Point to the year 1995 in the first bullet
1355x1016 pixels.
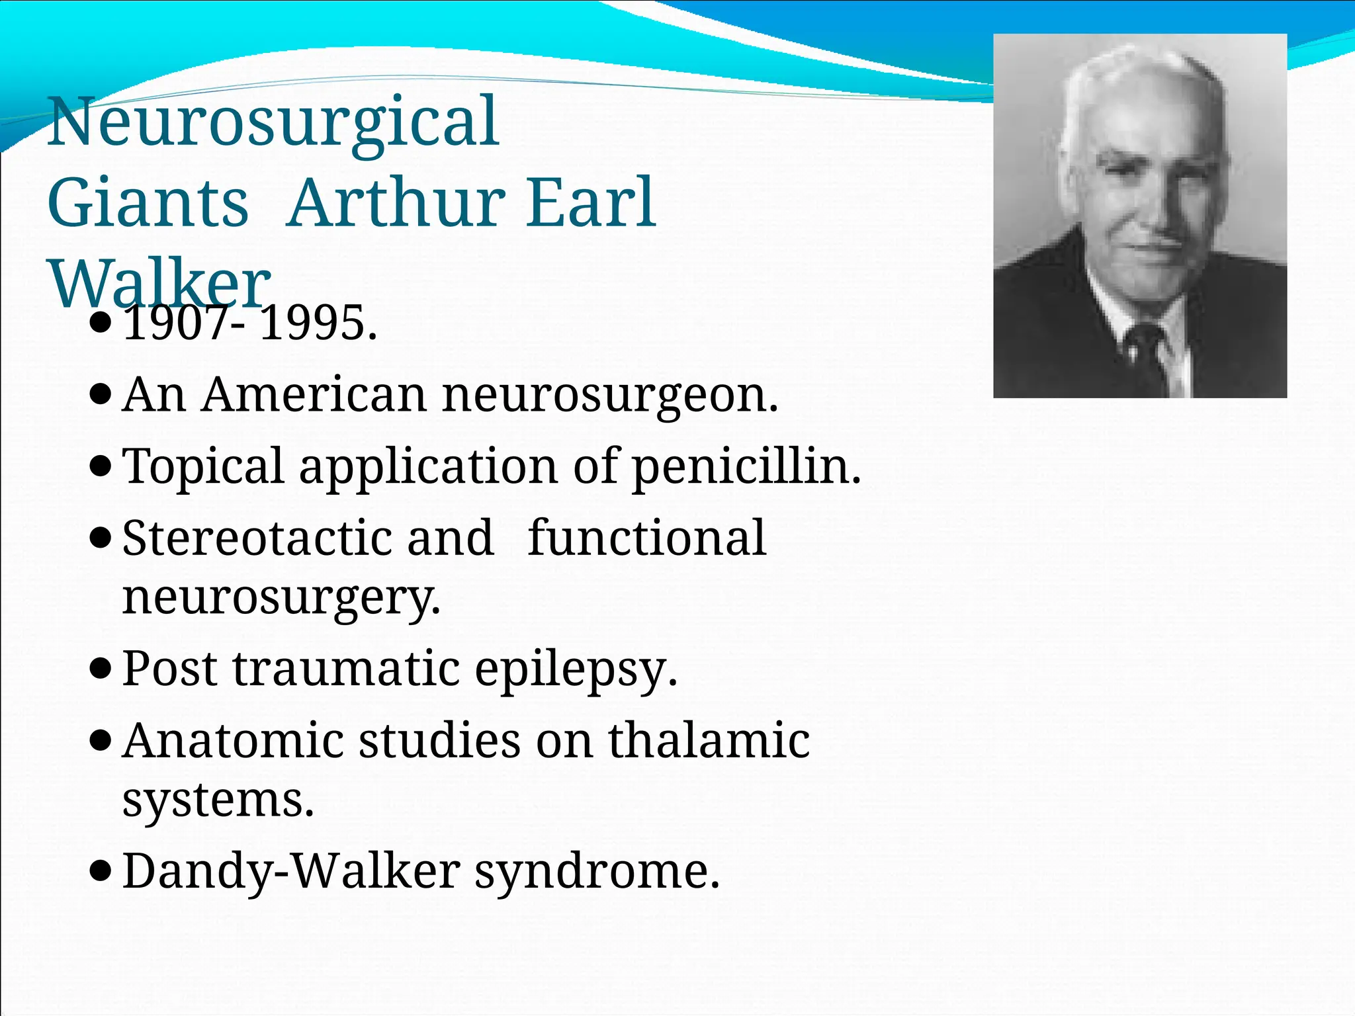318,324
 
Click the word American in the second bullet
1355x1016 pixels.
314,395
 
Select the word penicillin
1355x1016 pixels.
746,467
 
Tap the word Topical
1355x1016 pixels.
204,467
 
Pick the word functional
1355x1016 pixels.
646,538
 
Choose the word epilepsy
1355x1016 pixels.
576,669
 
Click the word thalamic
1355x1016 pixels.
709,740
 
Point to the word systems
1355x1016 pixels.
218,800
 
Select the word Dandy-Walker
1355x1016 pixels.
291,871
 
